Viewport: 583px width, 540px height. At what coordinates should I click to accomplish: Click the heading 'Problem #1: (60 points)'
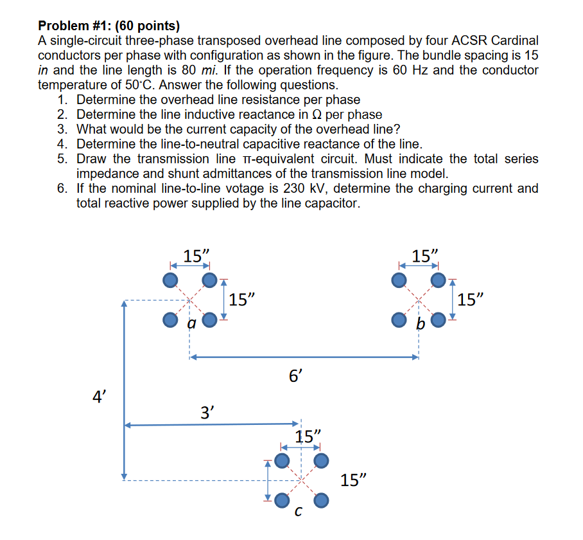pos(109,26)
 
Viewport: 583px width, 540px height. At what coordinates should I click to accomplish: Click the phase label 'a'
pos(190,325)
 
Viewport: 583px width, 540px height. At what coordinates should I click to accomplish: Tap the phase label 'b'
pos(420,325)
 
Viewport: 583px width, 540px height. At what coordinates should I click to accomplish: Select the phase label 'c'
pos(297,512)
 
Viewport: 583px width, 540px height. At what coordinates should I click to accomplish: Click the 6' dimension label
pos(295,376)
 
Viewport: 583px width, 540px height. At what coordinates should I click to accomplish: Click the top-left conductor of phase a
pos(170,280)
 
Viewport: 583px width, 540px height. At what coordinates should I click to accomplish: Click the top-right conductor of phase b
pos(439,280)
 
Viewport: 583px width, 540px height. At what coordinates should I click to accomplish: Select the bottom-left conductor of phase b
pos(399,319)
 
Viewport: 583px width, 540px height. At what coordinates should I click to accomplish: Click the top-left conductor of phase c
pos(282,460)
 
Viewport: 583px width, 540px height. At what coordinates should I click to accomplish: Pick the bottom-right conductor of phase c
pos(321,500)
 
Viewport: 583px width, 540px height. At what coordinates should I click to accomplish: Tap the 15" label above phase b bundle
pos(424,256)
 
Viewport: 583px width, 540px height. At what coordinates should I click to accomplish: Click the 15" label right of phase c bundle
pos(355,480)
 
